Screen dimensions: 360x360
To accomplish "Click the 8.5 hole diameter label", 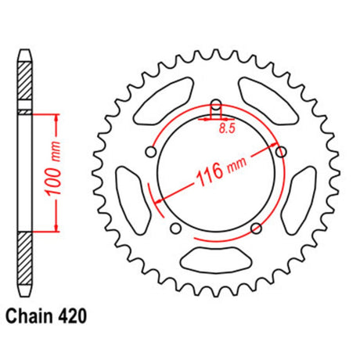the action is [227, 128].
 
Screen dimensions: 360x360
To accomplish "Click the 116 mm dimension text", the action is [221, 171].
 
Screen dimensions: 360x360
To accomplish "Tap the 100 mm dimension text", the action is [53, 169].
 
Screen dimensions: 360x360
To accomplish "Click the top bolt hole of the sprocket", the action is [215, 106].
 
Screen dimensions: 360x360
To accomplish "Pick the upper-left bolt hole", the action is [151, 152].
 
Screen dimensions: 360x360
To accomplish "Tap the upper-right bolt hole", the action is [281, 152].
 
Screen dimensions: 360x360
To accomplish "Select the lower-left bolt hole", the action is [175, 229].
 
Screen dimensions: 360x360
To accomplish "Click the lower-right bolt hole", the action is [256, 229].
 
